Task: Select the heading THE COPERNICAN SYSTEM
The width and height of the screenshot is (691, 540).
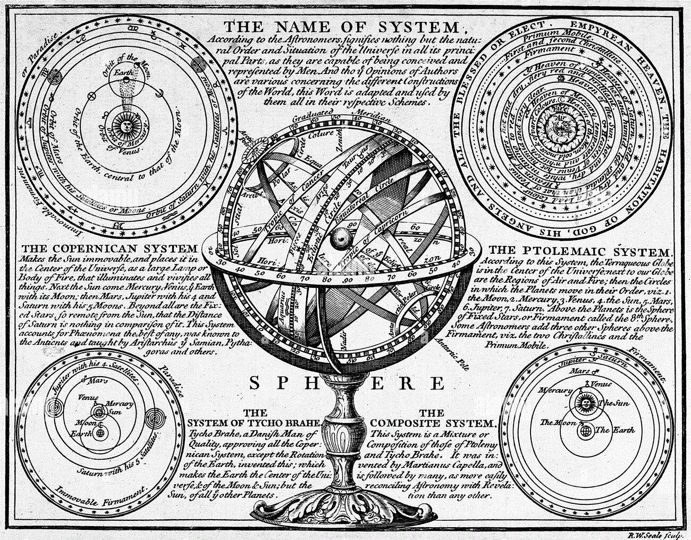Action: tap(109, 248)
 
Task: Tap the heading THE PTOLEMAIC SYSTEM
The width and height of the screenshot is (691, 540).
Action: tap(580, 251)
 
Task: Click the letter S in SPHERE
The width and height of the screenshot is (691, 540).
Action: tap(255, 383)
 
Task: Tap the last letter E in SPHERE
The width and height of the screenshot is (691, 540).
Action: tap(437, 383)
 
